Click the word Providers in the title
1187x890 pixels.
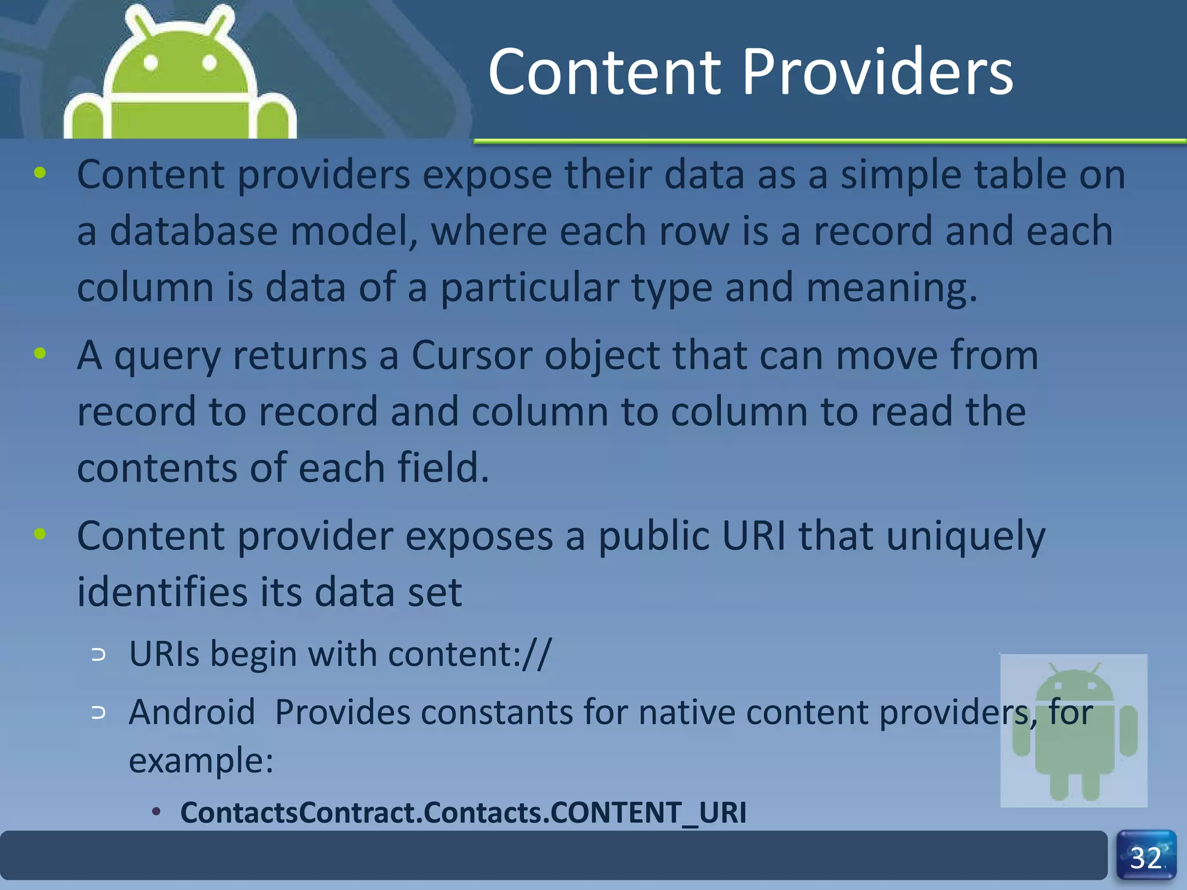[877, 72]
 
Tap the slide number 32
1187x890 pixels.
[1146, 858]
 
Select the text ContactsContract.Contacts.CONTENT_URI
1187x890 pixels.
[463, 812]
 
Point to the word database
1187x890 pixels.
[194, 231]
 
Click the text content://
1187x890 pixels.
[469, 654]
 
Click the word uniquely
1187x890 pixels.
[966, 537]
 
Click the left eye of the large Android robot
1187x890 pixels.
[151, 63]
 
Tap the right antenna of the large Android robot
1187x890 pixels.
[221, 21]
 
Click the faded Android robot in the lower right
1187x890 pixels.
[1074, 731]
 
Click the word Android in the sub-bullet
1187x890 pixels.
[192, 712]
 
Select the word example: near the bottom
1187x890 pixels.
[201, 760]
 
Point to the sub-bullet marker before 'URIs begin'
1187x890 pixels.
[99, 655]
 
